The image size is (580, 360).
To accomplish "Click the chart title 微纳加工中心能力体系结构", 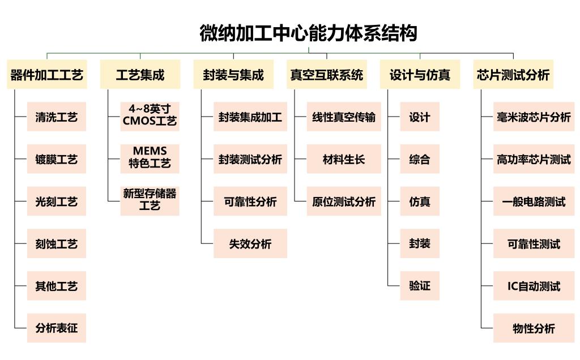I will (x=308, y=33).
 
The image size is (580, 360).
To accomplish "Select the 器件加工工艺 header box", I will (x=47, y=75).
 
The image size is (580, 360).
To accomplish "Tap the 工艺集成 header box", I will (x=140, y=75).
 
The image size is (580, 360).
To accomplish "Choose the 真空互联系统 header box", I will (x=326, y=75).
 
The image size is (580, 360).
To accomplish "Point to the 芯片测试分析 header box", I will (x=513, y=75).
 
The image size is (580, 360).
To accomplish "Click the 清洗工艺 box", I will (x=57, y=117).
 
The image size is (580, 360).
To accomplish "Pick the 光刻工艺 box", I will (x=57, y=202).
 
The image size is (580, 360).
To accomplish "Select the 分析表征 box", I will (x=57, y=328).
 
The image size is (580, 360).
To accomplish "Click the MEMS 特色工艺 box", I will (x=150, y=158).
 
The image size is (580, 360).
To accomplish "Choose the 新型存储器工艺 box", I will (x=150, y=200).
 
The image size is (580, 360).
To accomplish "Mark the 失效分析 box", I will (x=250, y=244).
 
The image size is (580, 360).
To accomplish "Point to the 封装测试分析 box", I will (x=250, y=160).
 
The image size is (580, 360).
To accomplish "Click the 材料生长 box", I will (x=344, y=160).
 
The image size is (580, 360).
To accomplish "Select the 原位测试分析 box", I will (x=344, y=202).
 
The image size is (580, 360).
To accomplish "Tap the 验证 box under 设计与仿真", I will (x=420, y=286).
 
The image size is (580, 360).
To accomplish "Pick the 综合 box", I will (x=420, y=160).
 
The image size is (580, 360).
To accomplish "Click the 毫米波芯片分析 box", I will (x=534, y=117).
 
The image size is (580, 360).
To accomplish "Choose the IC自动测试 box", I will (x=534, y=286).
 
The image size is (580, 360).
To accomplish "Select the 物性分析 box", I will (x=534, y=328).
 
